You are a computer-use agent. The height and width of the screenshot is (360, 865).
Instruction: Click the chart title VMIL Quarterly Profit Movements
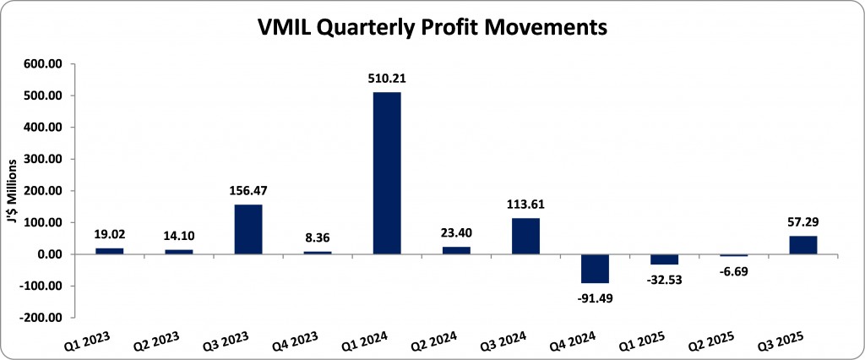(x=432, y=27)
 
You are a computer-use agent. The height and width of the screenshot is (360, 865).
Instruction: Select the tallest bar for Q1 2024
(x=387, y=173)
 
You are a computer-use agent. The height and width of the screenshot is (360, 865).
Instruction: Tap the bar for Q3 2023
(x=248, y=229)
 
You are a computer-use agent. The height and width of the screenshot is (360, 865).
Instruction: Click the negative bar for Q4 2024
(x=595, y=269)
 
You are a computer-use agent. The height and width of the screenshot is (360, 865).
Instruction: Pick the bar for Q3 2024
(x=525, y=236)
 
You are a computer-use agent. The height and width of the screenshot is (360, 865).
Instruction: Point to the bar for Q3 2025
(x=802, y=245)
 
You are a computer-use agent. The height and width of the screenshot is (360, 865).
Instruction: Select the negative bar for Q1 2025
(x=664, y=259)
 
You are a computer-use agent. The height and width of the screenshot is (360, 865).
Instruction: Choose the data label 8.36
(x=318, y=240)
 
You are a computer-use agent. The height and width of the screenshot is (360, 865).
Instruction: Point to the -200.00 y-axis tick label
(x=41, y=318)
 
